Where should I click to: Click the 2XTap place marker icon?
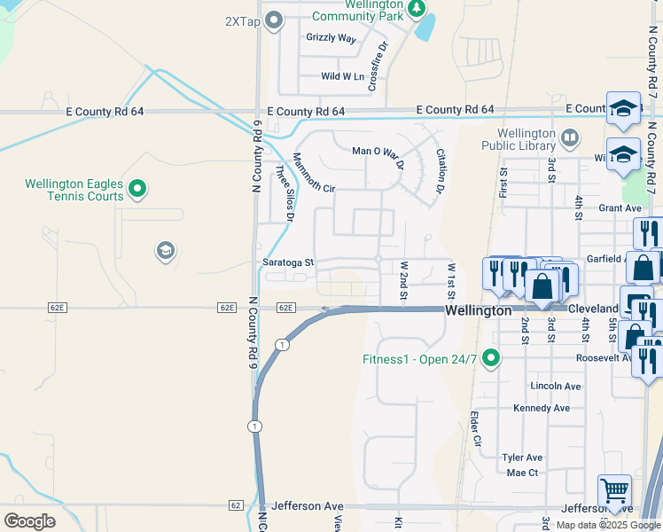[x=274, y=20]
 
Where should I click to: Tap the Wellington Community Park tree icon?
[x=417, y=8]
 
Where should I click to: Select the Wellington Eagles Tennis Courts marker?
[x=137, y=188]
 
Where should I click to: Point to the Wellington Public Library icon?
[x=569, y=137]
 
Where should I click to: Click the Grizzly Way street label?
[x=331, y=38]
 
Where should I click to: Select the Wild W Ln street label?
[x=343, y=77]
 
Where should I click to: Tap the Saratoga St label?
[x=288, y=262]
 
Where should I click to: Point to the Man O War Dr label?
[x=378, y=152]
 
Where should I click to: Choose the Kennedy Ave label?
[x=541, y=408]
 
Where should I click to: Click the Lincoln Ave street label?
[x=555, y=387]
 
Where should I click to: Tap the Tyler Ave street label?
[x=522, y=458]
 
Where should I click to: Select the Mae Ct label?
[x=522, y=473]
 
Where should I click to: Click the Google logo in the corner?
[x=28, y=521]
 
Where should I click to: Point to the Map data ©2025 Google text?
[x=607, y=525]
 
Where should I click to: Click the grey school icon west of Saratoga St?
[x=165, y=252]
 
